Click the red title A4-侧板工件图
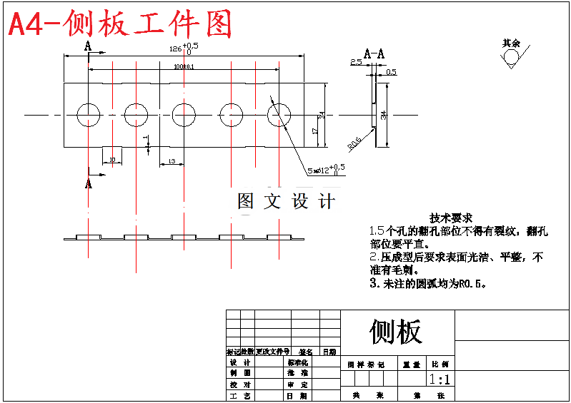(x=120, y=25)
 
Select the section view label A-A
(x=374, y=53)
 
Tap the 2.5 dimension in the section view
(x=356, y=63)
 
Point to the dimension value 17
(x=314, y=131)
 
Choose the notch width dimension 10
(x=112, y=160)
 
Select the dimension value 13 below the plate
(x=172, y=162)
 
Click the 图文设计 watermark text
(x=286, y=201)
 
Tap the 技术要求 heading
(x=450, y=218)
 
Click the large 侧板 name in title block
(x=396, y=331)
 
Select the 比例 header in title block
(x=440, y=364)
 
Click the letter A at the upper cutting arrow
(x=88, y=46)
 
